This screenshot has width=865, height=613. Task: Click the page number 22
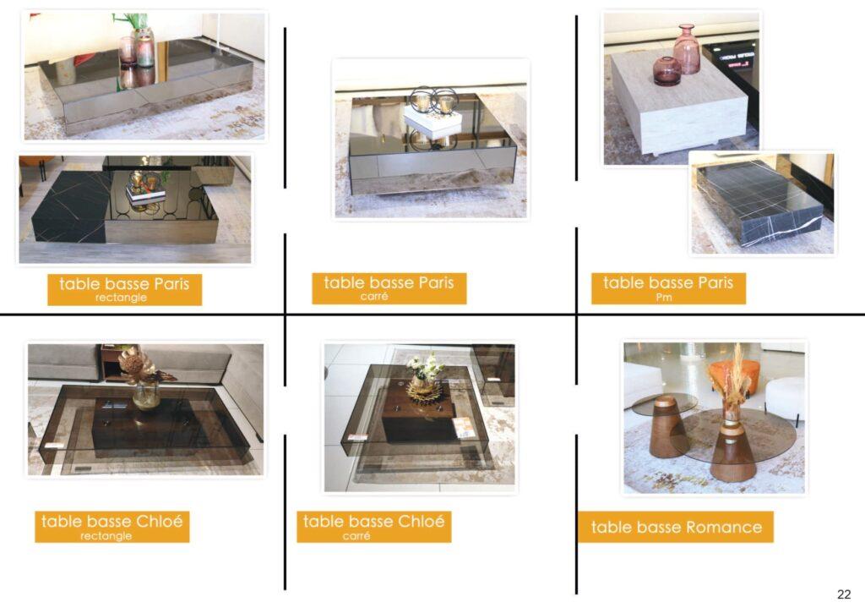pyautogui.click(x=844, y=594)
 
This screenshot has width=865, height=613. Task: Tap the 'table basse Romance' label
pyautogui.click(x=676, y=528)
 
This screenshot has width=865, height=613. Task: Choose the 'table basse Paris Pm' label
pyautogui.click(x=668, y=287)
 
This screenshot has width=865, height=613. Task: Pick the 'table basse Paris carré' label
pyautogui.click(x=389, y=287)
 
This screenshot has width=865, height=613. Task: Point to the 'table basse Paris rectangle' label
pyautogui.click(x=124, y=288)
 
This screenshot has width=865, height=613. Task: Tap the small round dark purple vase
pyautogui.click(x=666, y=71)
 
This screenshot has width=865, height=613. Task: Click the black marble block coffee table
pyautogui.click(x=758, y=204)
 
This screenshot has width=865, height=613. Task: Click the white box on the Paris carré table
pyautogui.click(x=432, y=122)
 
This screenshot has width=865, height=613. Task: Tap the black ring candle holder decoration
pyautogui.click(x=432, y=101)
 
